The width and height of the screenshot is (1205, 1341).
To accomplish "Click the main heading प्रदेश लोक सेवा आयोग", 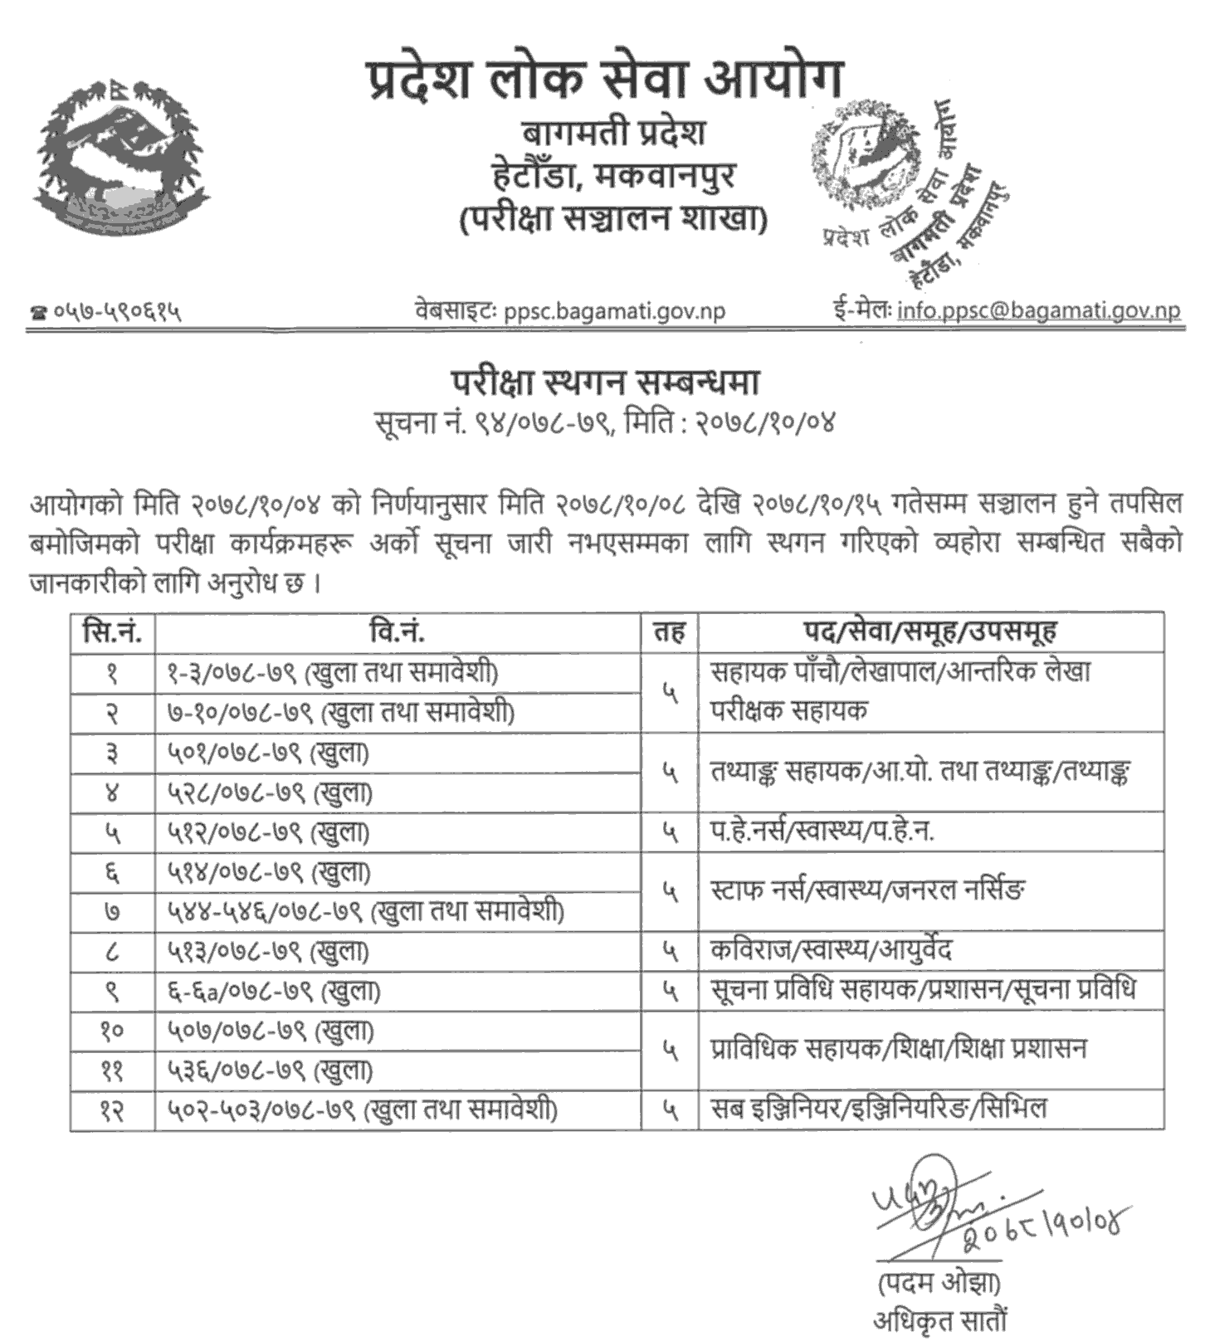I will pyautogui.click(x=605, y=80).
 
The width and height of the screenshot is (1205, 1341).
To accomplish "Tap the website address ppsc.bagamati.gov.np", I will pyautogui.click(x=614, y=311).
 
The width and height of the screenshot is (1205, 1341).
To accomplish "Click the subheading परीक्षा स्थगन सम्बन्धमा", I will pyautogui.click(x=605, y=383).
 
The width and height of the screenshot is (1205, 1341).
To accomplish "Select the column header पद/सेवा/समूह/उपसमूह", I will pyautogui.click(x=929, y=633).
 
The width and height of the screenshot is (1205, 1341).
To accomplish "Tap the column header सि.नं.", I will pyautogui.click(x=112, y=633).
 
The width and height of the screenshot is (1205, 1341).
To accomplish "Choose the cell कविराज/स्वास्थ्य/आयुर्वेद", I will pyautogui.click(x=831, y=950).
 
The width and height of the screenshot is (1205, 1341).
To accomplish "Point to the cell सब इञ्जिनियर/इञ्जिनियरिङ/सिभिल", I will pyautogui.click(x=879, y=1109).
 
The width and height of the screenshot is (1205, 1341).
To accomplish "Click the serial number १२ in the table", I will pyautogui.click(x=112, y=1110).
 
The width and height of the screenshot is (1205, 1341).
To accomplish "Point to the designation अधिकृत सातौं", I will pyautogui.click(x=939, y=1320).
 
